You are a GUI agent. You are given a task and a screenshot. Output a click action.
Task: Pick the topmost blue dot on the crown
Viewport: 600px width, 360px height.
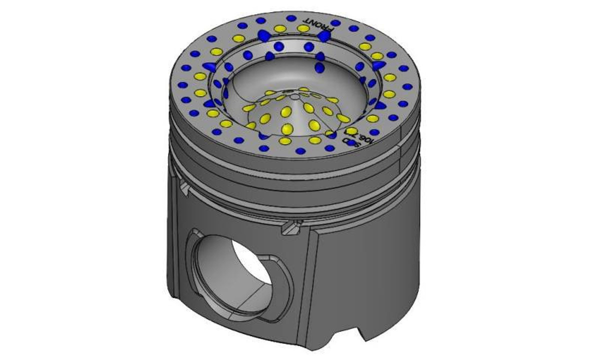point(291,18)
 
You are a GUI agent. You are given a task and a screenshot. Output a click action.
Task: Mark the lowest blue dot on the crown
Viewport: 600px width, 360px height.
point(300,151)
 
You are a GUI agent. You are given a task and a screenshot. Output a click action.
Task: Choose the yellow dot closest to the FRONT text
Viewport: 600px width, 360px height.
point(303,28)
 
